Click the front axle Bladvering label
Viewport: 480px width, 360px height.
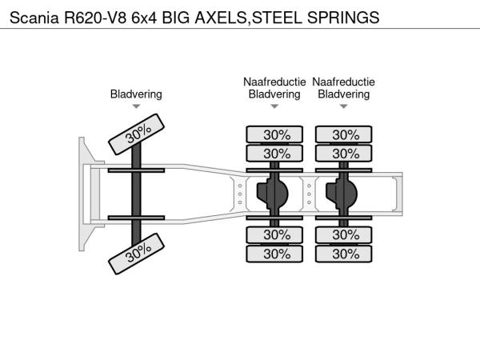136,94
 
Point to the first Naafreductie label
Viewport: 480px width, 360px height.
274,82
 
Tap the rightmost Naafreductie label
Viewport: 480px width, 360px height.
344,82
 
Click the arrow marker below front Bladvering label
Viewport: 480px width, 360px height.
136,106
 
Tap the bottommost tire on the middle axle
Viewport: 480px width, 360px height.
275,254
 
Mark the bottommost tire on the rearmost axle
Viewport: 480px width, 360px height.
345,254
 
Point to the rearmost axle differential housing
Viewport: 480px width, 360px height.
345,193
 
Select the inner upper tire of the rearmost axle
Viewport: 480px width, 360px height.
345,153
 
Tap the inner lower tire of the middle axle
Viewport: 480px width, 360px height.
275,235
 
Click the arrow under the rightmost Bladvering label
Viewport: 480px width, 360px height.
344,106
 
